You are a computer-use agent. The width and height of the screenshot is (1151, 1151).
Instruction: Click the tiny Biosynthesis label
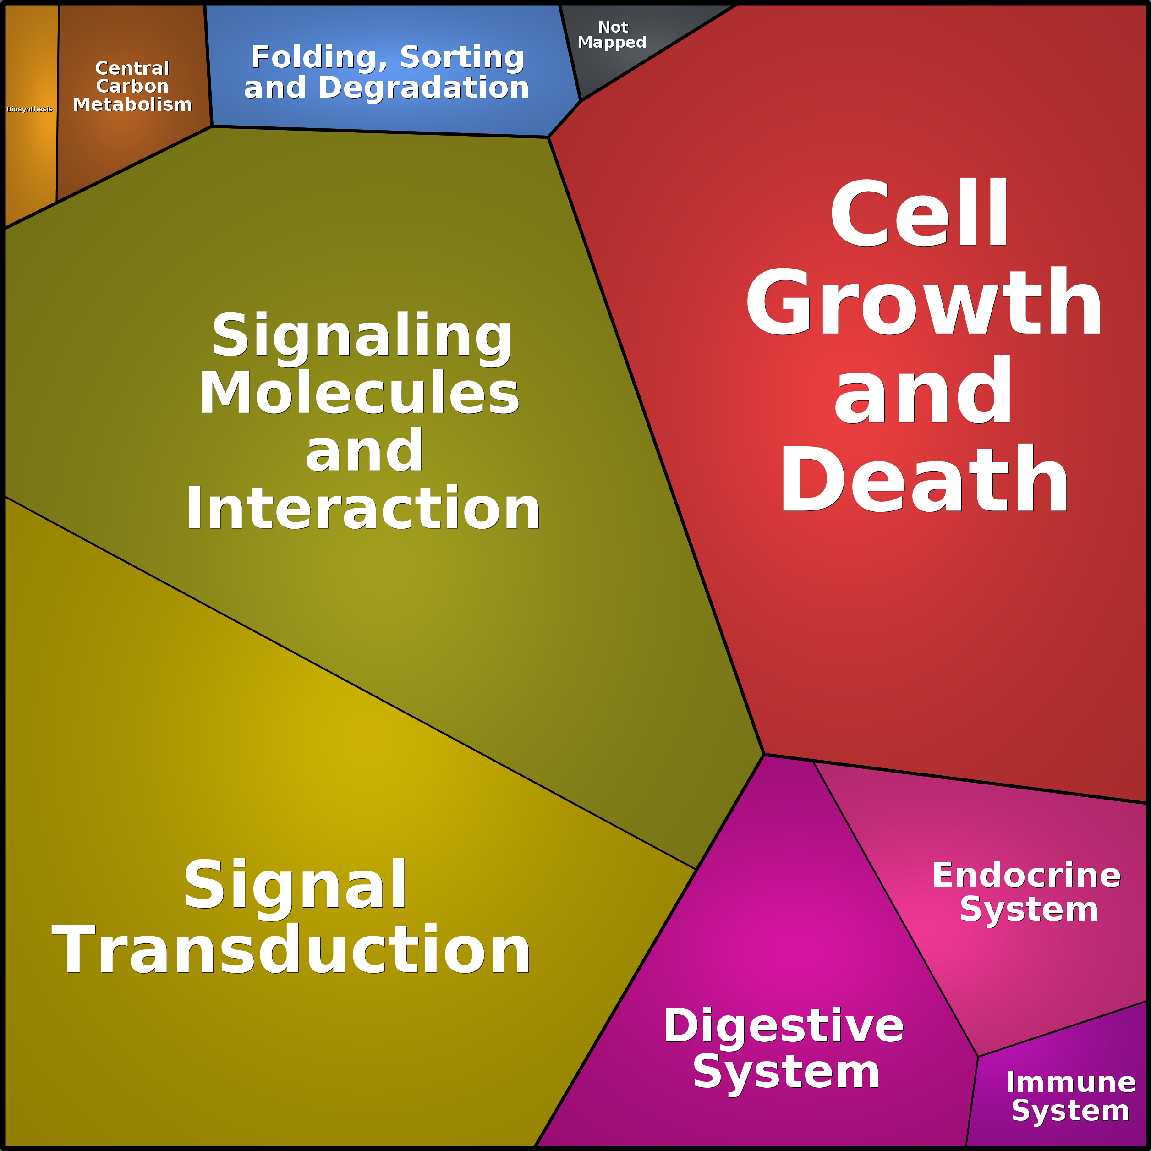(x=30, y=109)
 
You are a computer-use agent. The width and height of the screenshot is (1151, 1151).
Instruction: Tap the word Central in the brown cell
(x=132, y=69)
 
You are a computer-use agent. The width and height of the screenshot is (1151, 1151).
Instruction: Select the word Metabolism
(x=132, y=105)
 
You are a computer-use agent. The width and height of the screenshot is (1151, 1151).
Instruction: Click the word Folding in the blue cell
(x=318, y=58)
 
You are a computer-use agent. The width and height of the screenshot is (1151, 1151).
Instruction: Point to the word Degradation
(x=424, y=88)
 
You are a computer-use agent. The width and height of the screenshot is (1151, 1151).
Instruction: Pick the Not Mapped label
(x=612, y=34)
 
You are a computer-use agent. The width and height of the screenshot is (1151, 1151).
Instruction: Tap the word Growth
(x=923, y=301)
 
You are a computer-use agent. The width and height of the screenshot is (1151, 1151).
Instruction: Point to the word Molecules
(x=360, y=393)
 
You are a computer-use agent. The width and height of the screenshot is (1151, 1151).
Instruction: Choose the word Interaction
(x=363, y=508)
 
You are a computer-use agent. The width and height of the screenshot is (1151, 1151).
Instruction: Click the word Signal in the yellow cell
(x=296, y=885)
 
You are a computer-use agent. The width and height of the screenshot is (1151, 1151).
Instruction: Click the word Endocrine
(x=1026, y=875)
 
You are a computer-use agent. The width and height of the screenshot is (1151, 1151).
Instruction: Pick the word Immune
(x=1070, y=1082)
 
